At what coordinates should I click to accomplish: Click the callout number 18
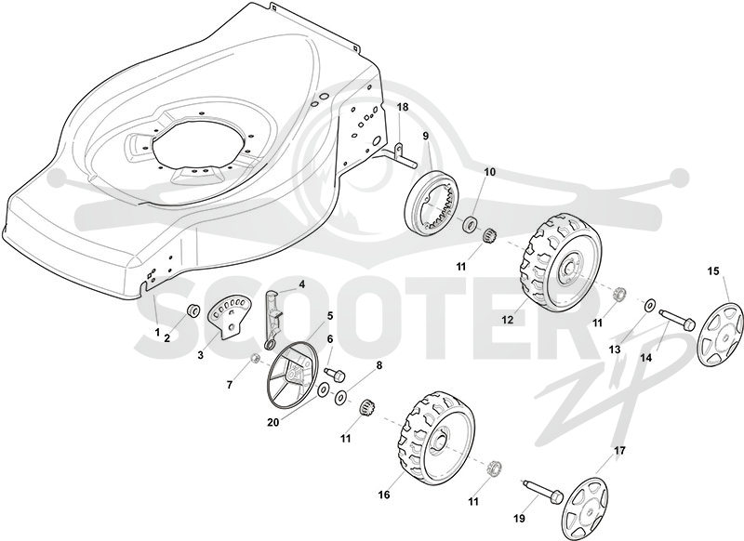coord(403,107)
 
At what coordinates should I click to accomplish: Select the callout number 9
coord(426,136)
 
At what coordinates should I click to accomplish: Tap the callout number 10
coord(490,172)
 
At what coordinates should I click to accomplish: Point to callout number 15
coord(713,271)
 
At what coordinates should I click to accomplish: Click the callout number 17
coord(619,451)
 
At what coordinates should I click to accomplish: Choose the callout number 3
coord(201,354)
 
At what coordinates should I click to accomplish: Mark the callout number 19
coord(520,519)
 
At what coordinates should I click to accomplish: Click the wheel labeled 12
coord(561,262)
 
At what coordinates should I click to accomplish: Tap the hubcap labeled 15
coord(720,336)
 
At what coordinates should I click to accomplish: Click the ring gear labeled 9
coord(431,203)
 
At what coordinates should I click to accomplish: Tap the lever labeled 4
coord(272,318)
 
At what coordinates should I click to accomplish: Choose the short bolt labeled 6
coord(335,375)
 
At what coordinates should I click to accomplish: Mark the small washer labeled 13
coord(649,305)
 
